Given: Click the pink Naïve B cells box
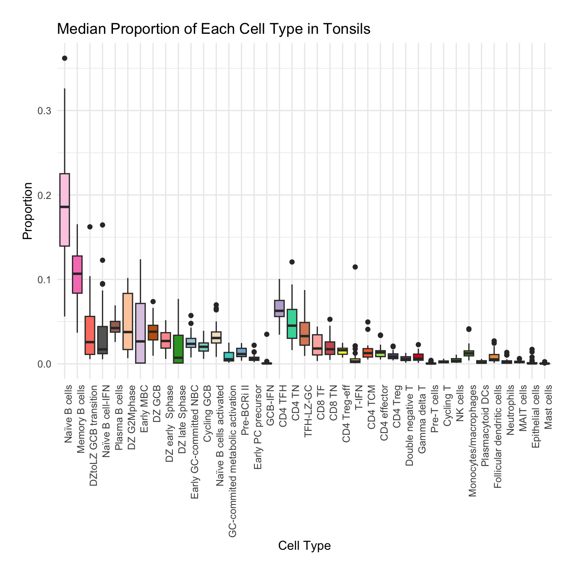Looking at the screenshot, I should (x=65, y=210).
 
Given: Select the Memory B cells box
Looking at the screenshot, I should (x=77, y=274).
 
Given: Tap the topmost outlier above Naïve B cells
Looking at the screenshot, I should (x=65, y=58).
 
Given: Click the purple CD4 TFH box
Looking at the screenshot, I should (x=279, y=308).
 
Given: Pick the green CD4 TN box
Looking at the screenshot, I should (x=292, y=323).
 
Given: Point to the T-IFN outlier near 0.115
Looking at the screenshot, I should (x=355, y=267).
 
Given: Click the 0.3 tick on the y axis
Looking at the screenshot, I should (x=44, y=111).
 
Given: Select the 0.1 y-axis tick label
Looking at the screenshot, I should (x=44, y=279).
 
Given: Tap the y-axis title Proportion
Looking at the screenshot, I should (x=27, y=211).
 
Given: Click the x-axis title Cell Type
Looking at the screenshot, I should (x=304, y=546).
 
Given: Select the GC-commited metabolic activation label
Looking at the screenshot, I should (x=232, y=460).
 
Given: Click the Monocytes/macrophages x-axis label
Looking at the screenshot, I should (x=472, y=440).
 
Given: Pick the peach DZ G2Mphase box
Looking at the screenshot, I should (x=127, y=321).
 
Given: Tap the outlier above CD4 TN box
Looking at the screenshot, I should (x=292, y=262).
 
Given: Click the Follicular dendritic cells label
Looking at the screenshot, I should (x=498, y=436).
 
